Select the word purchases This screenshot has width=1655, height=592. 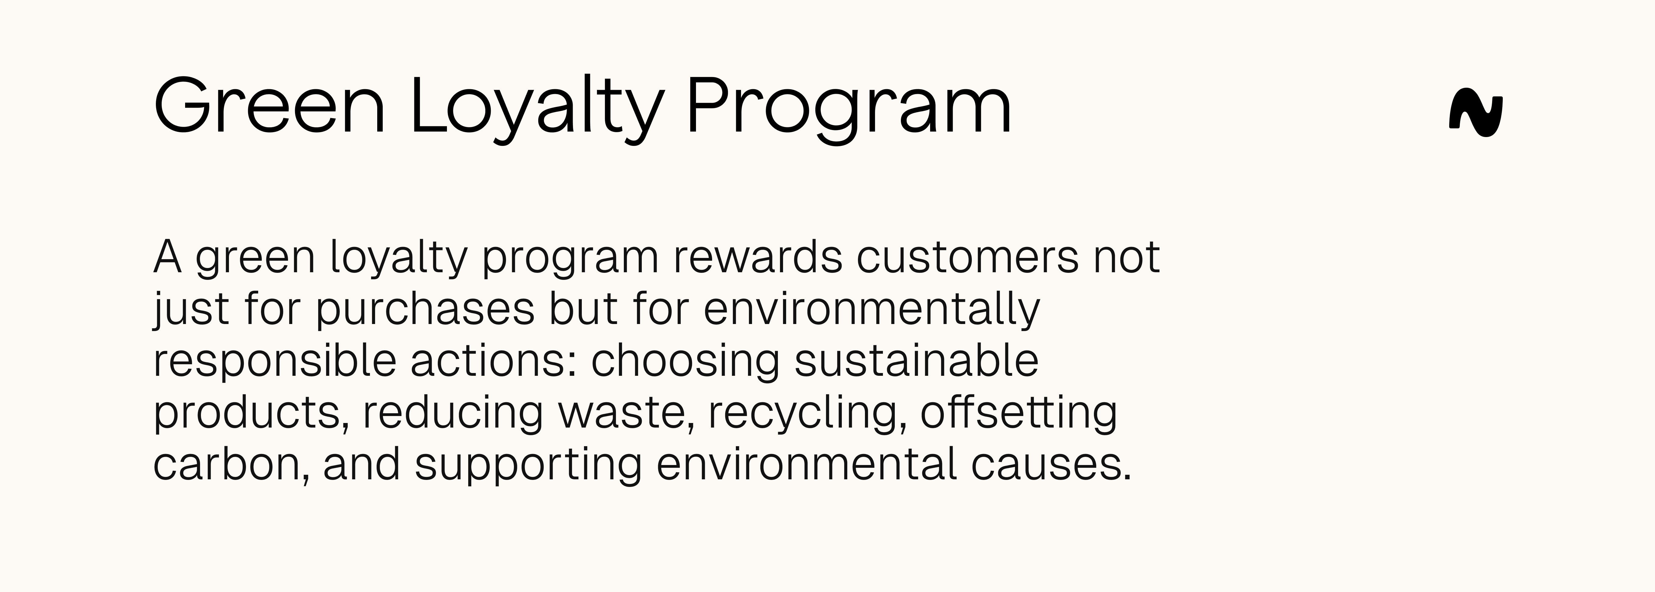click(x=425, y=309)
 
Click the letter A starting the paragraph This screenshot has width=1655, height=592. click(x=167, y=257)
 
